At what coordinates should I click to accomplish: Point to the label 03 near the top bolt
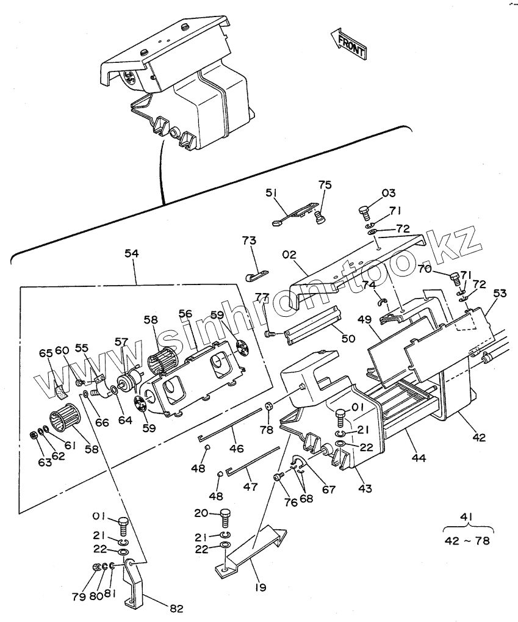[389, 194]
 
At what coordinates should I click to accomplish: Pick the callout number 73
[249, 241]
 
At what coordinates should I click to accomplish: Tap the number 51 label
[271, 193]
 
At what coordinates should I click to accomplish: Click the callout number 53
[500, 294]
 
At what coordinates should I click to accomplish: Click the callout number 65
[46, 353]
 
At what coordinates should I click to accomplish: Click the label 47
[250, 487]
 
